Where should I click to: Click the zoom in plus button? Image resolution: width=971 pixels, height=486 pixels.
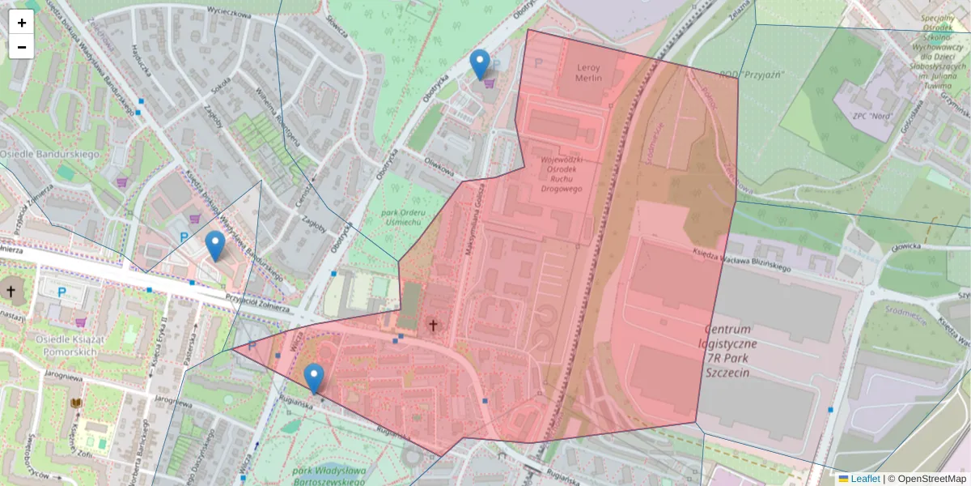pos(22,23)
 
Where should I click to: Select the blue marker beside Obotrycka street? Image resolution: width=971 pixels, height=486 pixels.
pos(480,65)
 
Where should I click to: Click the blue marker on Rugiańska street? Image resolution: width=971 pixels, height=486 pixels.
pos(314,378)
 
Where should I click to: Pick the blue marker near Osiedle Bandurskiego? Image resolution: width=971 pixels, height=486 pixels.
pos(214,245)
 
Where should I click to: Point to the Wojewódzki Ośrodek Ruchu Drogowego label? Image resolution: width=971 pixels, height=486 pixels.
pos(562,174)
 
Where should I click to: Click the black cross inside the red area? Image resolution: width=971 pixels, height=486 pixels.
pos(433,325)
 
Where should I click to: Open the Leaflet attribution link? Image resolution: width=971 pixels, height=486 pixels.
pos(865,479)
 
